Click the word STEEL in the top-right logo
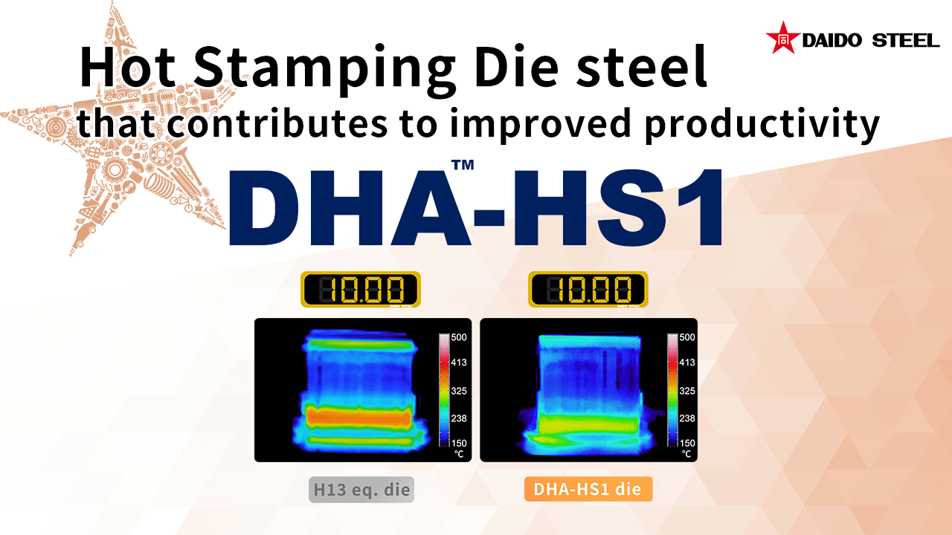tap(905, 41)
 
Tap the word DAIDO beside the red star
tap(832, 41)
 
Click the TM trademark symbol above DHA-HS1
tap(463, 165)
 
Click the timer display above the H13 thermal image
tap(361, 289)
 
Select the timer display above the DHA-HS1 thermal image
tap(588, 289)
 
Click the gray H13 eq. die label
tap(361, 490)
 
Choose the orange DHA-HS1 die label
tap(588, 489)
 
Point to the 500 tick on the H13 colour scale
tap(459, 337)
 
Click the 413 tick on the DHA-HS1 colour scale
tap(687, 362)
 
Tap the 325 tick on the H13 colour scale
tap(459, 391)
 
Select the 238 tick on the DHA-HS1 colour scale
tap(687, 418)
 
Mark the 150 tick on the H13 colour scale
tap(459, 444)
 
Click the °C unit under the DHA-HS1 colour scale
tap(686, 454)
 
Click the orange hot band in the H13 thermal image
tap(359, 417)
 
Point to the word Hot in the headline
tap(127, 67)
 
